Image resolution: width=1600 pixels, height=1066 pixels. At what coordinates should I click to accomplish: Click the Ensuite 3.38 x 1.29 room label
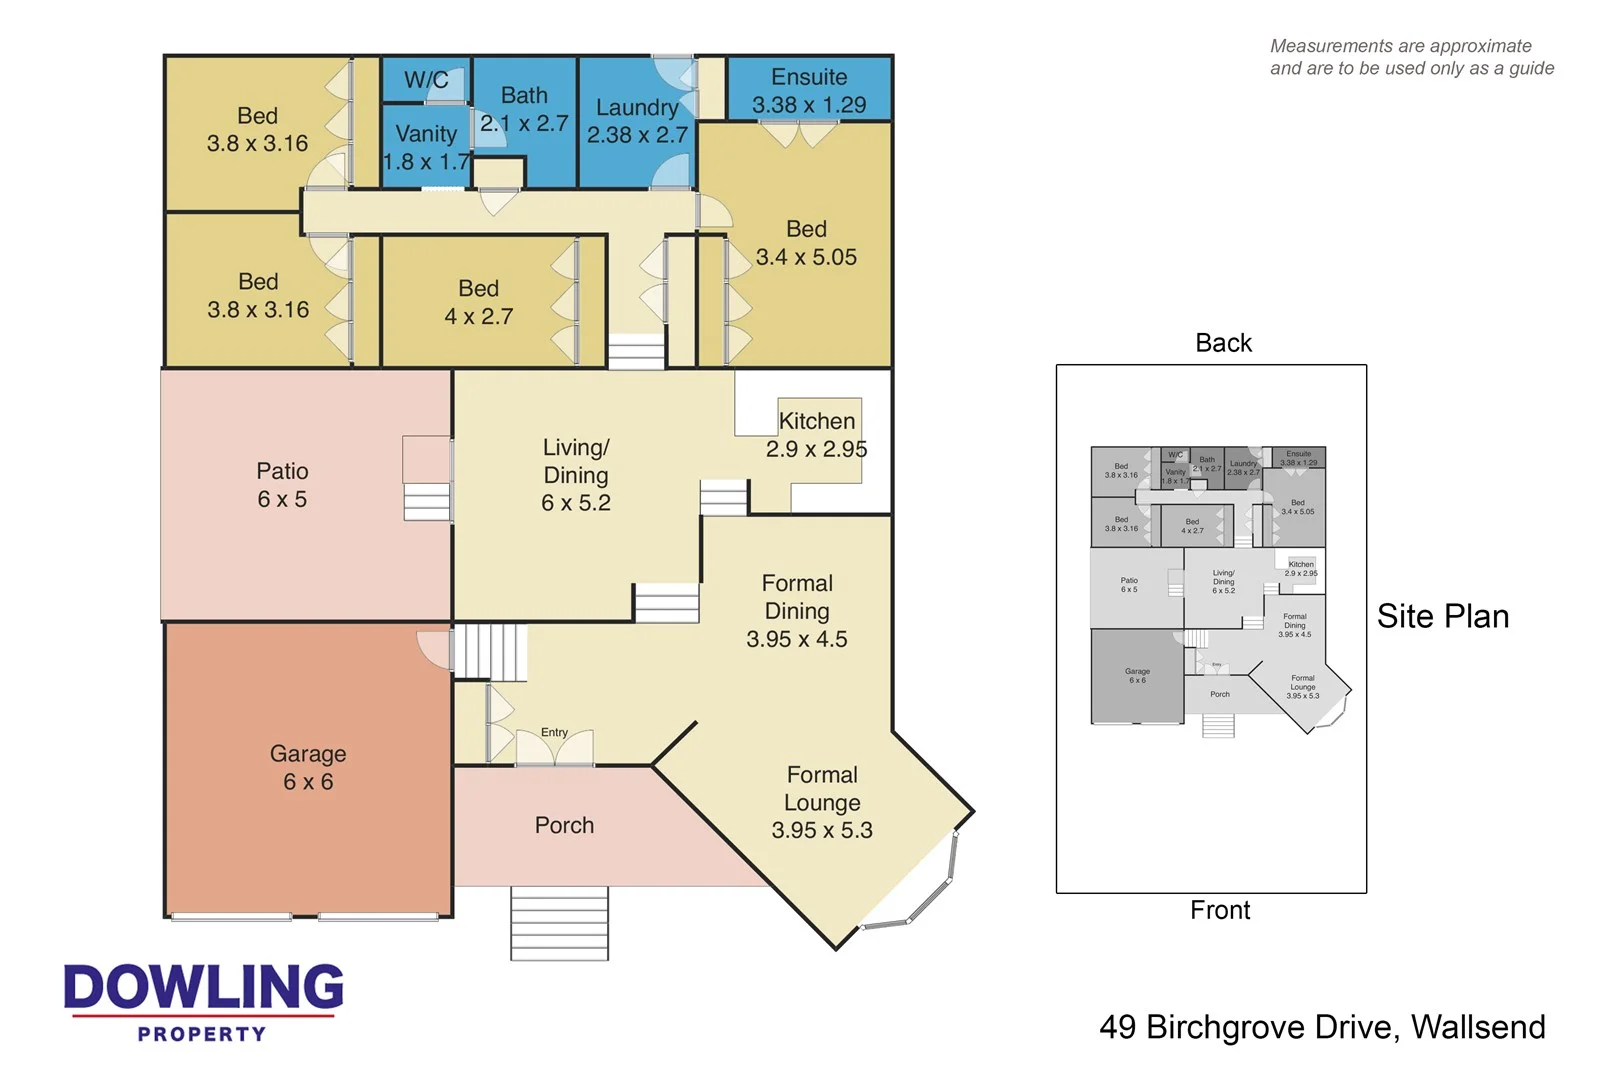[809, 91]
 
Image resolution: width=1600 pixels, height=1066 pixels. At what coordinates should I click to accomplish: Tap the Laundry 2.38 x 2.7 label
[637, 121]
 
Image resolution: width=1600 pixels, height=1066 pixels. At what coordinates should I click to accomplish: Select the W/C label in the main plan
[426, 80]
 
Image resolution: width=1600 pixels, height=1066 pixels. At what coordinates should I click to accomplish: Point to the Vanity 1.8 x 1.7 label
[426, 147]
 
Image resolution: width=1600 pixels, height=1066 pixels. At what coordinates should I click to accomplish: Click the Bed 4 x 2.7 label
[478, 302]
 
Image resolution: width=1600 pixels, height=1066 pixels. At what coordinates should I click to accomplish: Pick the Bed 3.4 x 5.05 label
[806, 243]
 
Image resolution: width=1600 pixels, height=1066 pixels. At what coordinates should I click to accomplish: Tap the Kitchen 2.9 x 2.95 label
[816, 435]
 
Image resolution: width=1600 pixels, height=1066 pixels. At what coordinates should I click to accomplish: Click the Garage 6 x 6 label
[308, 768]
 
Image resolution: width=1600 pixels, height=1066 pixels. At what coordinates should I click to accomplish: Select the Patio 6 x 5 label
[282, 485]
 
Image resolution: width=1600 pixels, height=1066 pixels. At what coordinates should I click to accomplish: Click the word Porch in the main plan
[564, 826]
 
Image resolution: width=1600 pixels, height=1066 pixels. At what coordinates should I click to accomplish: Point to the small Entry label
[554, 733]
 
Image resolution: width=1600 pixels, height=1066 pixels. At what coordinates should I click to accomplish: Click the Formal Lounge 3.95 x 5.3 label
[822, 802]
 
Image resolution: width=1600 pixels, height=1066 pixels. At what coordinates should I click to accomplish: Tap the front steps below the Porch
[559, 923]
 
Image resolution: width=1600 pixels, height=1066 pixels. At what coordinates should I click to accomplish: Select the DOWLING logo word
[204, 987]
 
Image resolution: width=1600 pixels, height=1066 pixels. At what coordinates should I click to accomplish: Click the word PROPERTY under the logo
[202, 1035]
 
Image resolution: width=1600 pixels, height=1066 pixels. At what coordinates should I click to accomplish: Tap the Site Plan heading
[1442, 617]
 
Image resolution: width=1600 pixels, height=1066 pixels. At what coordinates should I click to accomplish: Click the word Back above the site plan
[1223, 343]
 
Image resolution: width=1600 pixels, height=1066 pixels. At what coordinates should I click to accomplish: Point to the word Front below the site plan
[1220, 910]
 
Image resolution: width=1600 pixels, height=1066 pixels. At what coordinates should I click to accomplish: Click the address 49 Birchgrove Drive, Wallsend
[1322, 1027]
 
